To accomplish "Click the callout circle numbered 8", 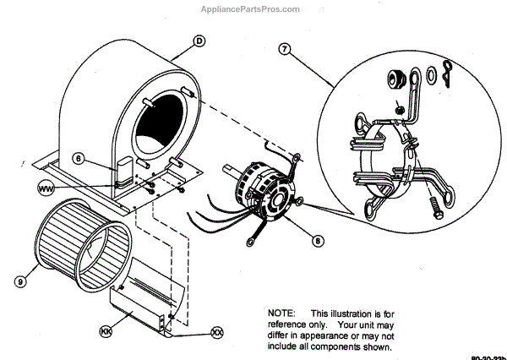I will coord(317,240).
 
